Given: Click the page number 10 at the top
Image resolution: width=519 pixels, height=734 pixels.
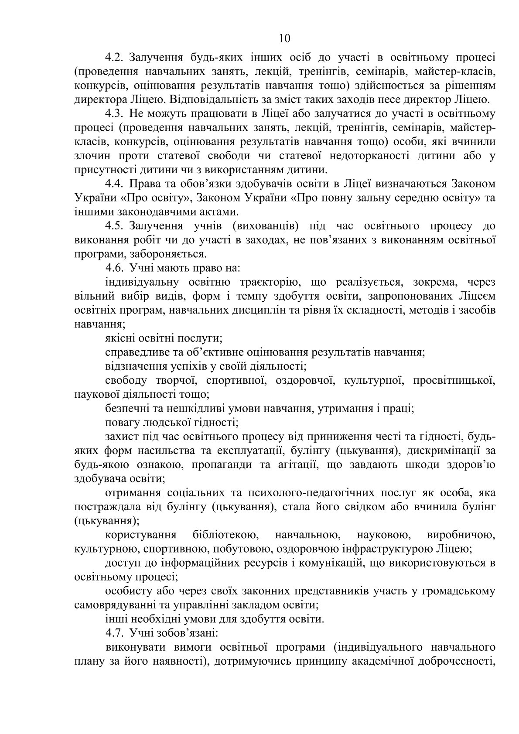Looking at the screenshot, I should coord(284,38).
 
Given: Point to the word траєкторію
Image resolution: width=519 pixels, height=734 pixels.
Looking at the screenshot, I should coord(260,282).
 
